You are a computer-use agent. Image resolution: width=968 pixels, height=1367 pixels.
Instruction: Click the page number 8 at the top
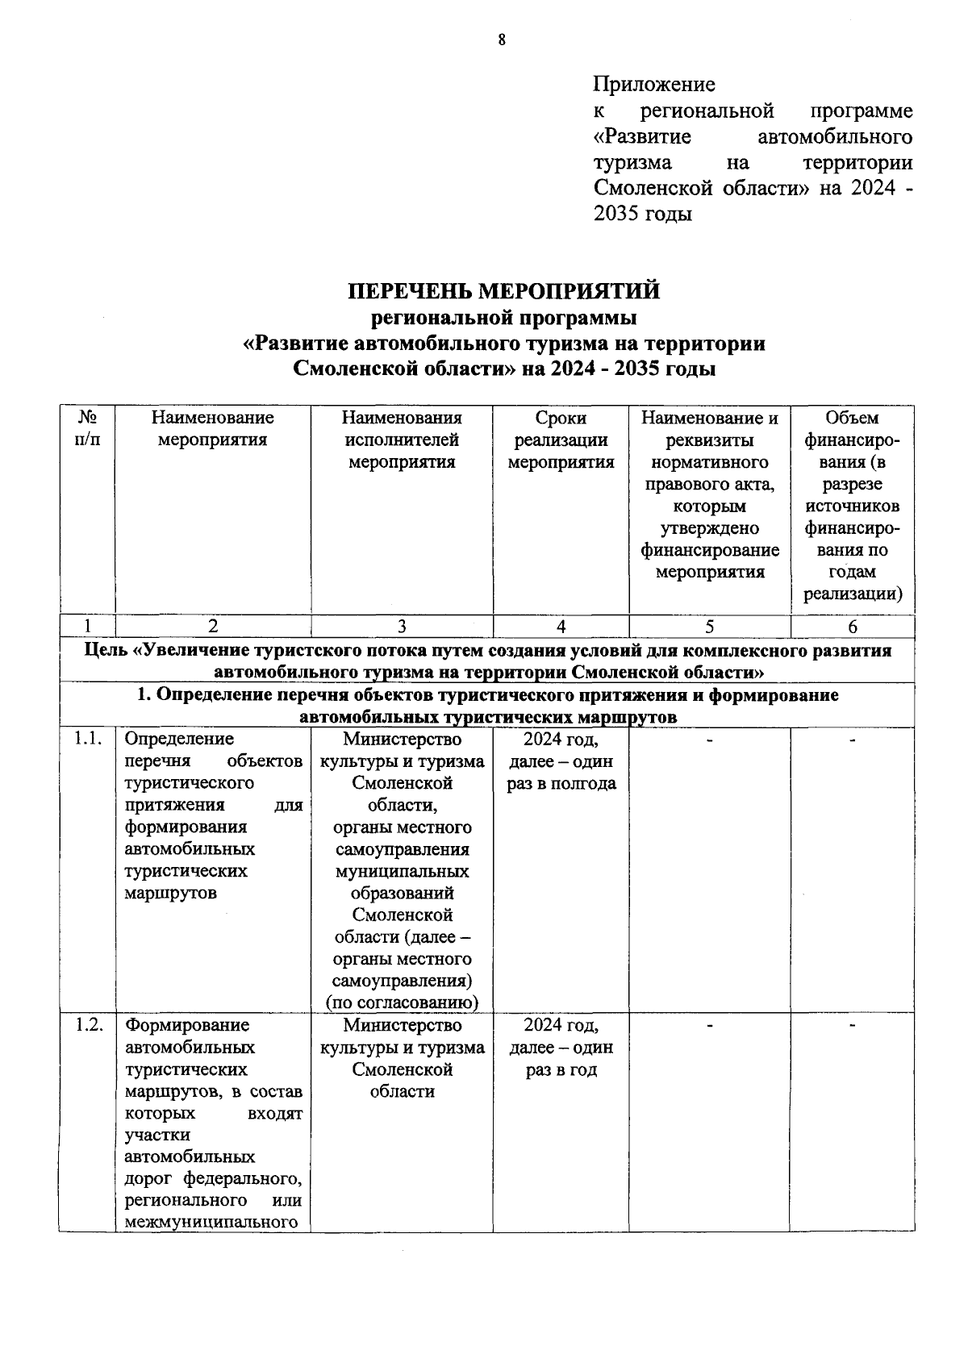click(x=501, y=40)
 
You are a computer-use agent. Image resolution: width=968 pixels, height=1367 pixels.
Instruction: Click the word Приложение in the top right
click(x=653, y=84)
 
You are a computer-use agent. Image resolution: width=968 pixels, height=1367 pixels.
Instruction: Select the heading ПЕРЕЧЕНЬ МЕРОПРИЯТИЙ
click(x=503, y=290)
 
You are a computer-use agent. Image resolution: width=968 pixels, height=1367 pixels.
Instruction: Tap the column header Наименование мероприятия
click(x=213, y=428)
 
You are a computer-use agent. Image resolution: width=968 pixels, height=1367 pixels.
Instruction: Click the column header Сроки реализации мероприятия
click(x=561, y=440)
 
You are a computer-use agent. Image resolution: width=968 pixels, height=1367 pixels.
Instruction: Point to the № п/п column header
click(x=87, y=428)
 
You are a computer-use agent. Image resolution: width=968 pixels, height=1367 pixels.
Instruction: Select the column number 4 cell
click(x=561, y=627)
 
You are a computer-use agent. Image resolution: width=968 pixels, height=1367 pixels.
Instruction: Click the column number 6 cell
click(x=852, y=627)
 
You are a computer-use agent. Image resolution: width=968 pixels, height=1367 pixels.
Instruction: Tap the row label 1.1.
click(x=87, y=739)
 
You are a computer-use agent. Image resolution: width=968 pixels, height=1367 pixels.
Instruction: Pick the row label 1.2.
click(x=87, y=1025)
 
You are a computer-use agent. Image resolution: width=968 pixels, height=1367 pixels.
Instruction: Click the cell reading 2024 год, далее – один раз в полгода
click(x=561, y=761)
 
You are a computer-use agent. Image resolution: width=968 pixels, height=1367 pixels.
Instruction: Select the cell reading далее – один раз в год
click(x=561, y=1058)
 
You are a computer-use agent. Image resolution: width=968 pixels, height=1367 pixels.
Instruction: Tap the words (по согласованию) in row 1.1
click(x=402, y=1002)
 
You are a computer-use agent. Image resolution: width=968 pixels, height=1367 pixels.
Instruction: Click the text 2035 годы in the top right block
click(x=642, y=215)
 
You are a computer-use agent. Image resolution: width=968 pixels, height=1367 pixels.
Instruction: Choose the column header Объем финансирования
click(x=852, y=506)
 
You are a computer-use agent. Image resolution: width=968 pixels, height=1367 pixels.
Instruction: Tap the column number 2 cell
click(x=213, y=627)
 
